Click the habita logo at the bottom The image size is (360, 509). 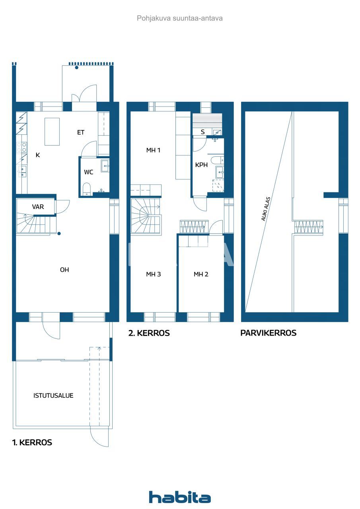180,497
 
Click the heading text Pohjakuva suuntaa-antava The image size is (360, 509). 180,18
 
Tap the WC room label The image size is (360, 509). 89,172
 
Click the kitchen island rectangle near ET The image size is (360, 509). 52,132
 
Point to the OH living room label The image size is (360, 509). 64,270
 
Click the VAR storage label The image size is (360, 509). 38,207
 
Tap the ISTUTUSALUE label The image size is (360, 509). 53,396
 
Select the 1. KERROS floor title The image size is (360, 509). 32,443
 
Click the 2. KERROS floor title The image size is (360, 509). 149,333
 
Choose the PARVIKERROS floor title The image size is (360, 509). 269,333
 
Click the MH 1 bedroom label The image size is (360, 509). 153,150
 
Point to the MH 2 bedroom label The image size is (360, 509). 201,274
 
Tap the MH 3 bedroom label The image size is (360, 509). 153,274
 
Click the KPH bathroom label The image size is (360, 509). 201,165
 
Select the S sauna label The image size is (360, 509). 203,132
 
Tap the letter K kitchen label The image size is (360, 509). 38,155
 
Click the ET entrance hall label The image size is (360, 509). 81,132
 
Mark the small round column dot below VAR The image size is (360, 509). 59,234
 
